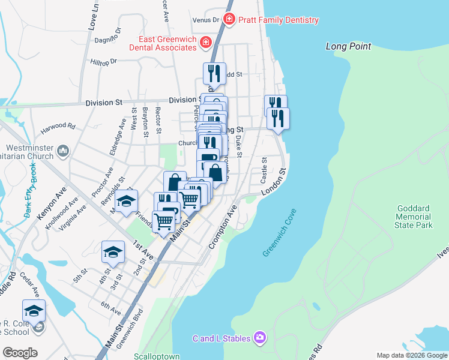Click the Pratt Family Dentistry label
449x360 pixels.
277,20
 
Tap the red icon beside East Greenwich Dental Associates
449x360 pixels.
206,42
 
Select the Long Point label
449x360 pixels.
348,46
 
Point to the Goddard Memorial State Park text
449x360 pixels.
414,217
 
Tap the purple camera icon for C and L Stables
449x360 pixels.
259,338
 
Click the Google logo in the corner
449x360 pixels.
20,353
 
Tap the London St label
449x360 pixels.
274,181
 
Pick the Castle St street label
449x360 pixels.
264,170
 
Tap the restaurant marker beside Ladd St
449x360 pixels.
214,73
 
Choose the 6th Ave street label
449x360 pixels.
111,308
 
